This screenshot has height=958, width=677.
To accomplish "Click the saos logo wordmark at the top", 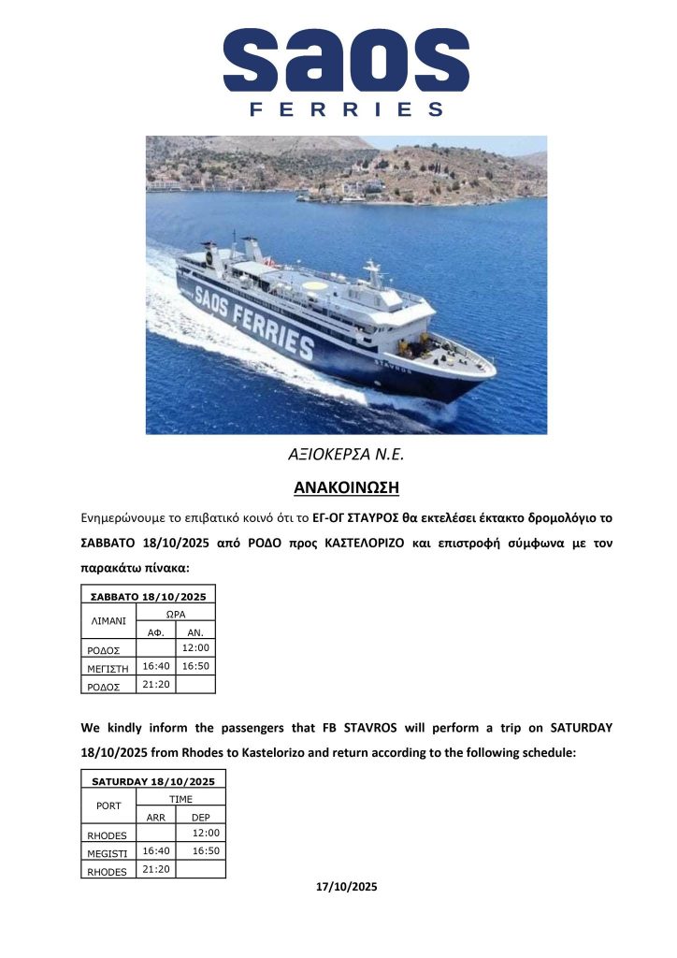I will [346, 60].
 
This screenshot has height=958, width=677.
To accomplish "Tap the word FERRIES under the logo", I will [346, 109].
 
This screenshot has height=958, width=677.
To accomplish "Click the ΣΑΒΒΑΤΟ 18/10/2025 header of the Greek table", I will [148, 596].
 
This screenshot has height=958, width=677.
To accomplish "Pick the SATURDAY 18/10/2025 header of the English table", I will [153, 781].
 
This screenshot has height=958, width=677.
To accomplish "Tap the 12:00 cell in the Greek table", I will [194, 647].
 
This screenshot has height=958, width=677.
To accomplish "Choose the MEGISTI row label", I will [108, 852].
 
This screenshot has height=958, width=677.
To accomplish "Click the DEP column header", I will [200, 817].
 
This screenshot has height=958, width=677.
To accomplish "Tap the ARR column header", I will [155, 817].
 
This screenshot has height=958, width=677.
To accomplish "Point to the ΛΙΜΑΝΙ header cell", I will [108, 620].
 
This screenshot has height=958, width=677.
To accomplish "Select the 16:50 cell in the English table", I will [205, 850].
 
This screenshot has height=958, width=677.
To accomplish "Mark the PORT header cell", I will [108, 805].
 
